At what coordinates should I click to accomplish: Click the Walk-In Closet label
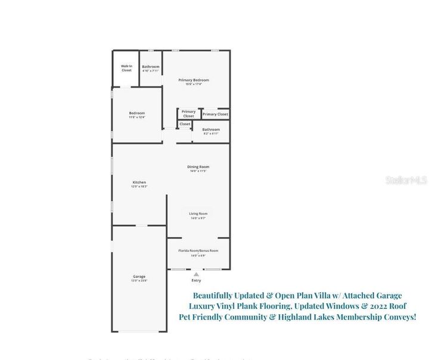point(126,69)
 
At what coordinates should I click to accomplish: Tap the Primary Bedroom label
point(194,80)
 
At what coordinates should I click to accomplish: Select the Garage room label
point(139,277)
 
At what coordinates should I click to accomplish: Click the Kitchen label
point(139,182)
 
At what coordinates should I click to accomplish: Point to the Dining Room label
point(199,167)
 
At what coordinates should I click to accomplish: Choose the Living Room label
point(198,213)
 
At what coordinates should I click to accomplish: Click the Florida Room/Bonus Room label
point(198,251)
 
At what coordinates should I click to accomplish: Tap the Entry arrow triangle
point(196,274)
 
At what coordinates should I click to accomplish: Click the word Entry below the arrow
point(196,280)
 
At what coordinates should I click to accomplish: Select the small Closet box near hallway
point(185,124)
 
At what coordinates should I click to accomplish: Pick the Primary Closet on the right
point(215,114)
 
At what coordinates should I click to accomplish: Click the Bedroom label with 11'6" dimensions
point(137,113)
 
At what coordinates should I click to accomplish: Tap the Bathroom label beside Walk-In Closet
point(151,67)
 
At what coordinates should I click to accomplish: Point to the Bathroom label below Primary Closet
point(211,129)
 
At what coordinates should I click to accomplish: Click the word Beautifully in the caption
point(219,295)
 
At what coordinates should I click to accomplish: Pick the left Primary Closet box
point(188,113)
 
